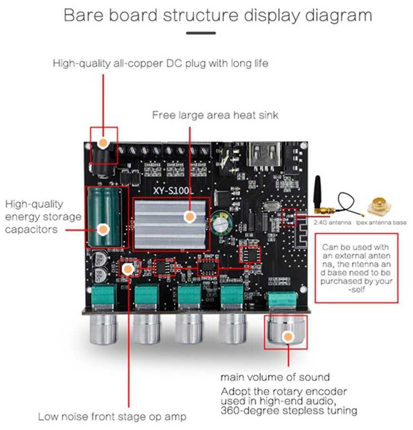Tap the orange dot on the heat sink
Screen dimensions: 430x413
click(190, 217)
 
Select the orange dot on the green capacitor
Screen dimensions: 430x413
click(103, 229)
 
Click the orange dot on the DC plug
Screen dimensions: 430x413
click(103, 142)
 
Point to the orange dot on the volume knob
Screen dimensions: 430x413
click(287, 337)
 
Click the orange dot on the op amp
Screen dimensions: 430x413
click(127, 270)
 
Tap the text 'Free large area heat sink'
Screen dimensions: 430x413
click(215, 115)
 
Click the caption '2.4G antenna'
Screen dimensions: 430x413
click(332, 222)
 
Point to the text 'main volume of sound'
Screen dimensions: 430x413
click(275, 377)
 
